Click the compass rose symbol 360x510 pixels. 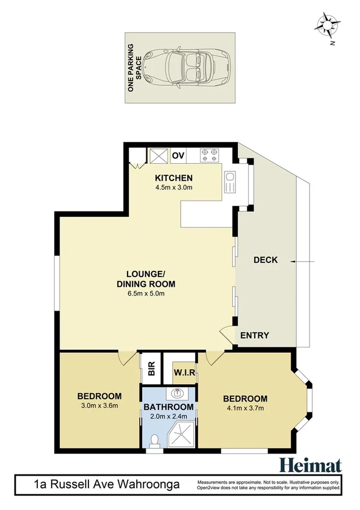[327, 27]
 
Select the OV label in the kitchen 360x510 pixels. [178, 156]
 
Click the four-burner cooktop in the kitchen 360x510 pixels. [209, 155]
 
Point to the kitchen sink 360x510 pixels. [229, 183]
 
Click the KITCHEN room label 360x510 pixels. [173, 178]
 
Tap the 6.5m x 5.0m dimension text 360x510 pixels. [146, 294]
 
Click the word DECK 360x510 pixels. [265, 260]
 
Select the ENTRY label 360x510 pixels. [255, 335]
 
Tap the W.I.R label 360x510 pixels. [185, 373]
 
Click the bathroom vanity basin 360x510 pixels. [178, 394]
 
